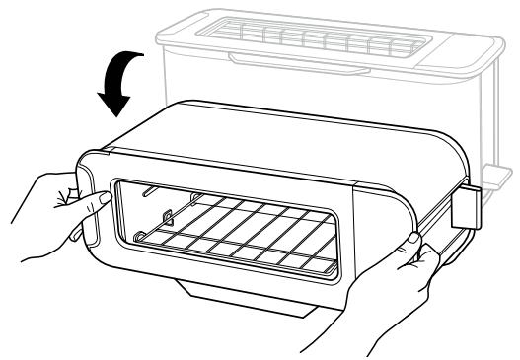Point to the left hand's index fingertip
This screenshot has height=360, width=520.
(x=103, y=197)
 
